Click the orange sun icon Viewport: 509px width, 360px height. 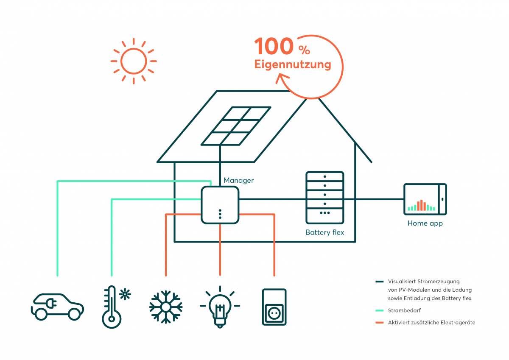[134, 61]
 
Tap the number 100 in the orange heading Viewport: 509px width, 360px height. [274, 46]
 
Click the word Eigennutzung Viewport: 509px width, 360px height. [292, 64]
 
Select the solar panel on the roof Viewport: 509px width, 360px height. [236, 126]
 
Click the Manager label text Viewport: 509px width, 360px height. [238, 180]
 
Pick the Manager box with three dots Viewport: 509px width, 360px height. [220, 205]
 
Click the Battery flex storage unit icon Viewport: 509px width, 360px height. [324, 198]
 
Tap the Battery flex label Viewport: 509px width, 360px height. [324, 232]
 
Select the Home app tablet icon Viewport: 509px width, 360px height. [425, 199]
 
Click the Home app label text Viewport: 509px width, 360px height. [425, 223]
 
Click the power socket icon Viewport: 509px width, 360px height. [274, 307]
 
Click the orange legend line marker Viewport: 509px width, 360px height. [380, 323]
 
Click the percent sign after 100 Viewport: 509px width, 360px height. [304, 50]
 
